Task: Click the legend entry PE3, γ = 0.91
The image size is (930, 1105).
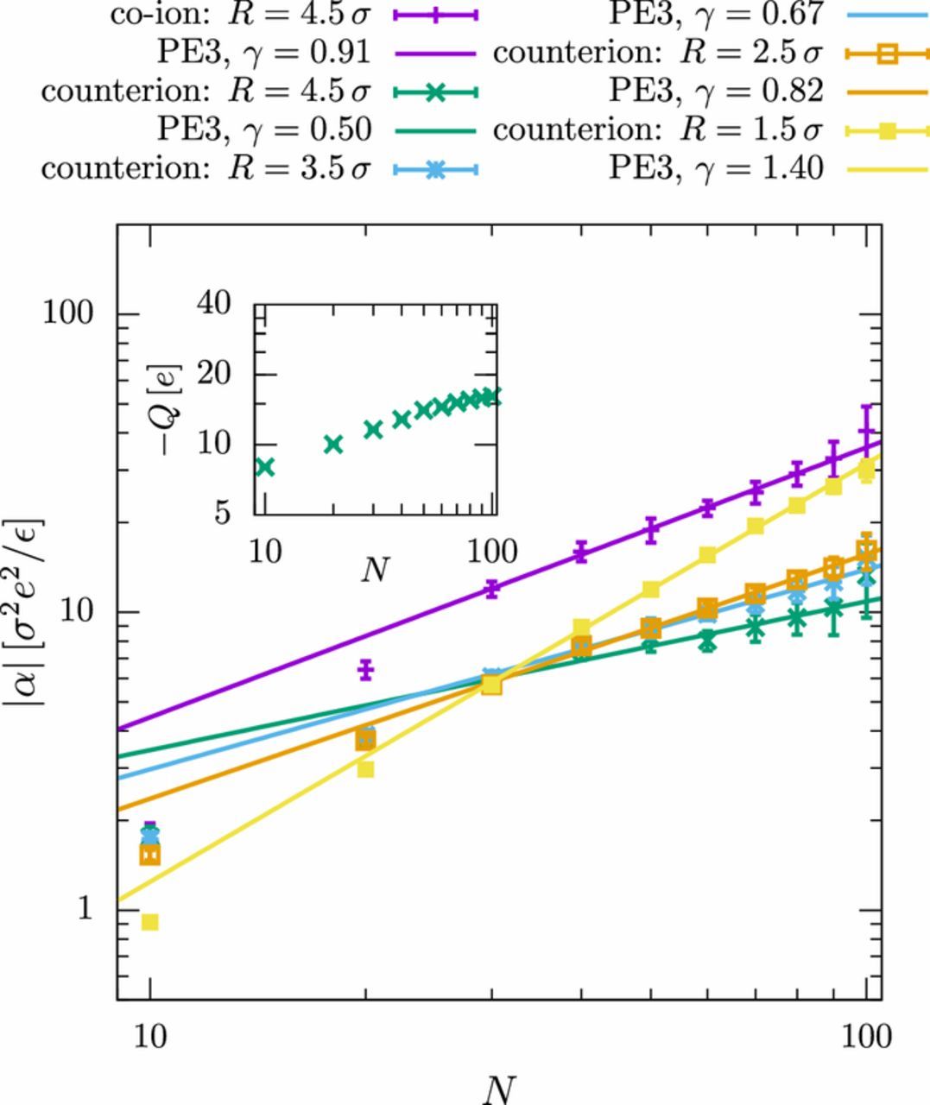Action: [x=263, y=53]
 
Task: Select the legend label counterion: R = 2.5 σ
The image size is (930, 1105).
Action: [x=657, y=53]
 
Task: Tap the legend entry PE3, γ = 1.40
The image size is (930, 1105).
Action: [x=715, y=167]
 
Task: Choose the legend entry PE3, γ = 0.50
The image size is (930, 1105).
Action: [x=263, y=129]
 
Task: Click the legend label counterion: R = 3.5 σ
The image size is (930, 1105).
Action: [x=206, y=167]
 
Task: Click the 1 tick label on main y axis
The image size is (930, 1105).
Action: [x=84, y=909]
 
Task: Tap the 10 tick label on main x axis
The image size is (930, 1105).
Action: [x=150, y=1035]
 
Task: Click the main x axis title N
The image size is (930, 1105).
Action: [x=499, y=1089]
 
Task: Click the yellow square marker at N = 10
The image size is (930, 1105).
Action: [x=150, y=922]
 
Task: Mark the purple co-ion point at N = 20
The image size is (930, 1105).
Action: [x=365, y=669]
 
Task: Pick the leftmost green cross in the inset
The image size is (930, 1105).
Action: [x=265, y=467]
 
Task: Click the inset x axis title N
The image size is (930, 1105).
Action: [x=374, y=569]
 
